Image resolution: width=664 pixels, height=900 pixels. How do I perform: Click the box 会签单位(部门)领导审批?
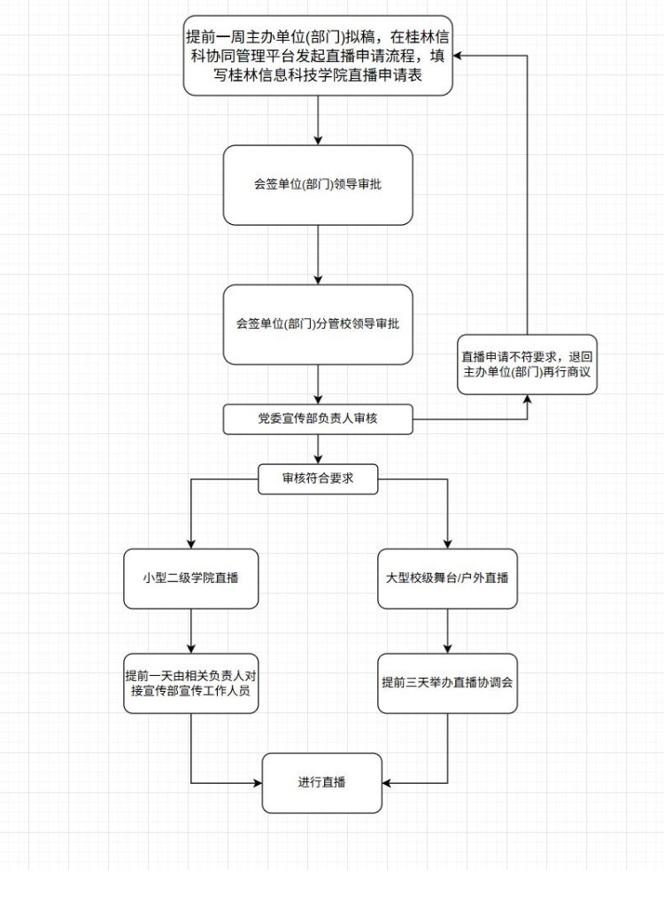coord(318,185)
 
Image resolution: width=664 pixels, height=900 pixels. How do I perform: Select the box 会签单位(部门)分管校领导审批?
coord(318,324)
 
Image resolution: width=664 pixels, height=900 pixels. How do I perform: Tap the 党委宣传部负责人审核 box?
coord(318,419)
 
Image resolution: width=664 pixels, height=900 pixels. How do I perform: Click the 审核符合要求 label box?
coord(318,480)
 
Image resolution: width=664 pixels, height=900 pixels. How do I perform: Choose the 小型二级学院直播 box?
coord(192,578)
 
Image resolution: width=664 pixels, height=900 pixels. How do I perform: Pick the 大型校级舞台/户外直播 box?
coord(447,578)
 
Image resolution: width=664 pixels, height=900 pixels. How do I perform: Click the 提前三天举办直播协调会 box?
coord(447,683)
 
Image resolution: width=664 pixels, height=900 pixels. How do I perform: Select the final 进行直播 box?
coord(321,783)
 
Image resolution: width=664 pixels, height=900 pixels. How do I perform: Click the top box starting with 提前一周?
coord(318,56)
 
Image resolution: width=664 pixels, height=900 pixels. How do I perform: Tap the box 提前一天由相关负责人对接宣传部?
coord(192,683)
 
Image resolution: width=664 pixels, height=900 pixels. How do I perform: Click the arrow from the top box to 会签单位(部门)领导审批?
coord(318,120)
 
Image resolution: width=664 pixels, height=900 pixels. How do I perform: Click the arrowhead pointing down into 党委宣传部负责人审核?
coord(318,400)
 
